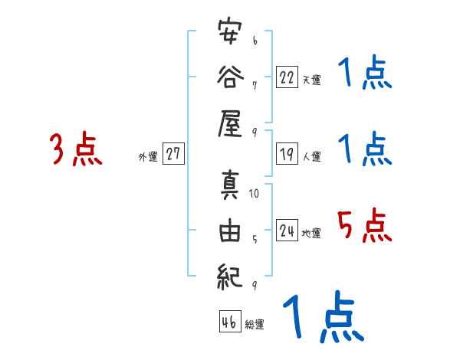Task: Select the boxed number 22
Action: [287, 77]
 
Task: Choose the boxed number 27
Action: [173, 154]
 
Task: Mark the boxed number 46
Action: [228, 322]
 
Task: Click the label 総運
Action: [255, 325]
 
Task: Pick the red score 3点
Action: [75, 149]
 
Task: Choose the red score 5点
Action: [364, 226]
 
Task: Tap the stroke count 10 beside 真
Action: [255, 193]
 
